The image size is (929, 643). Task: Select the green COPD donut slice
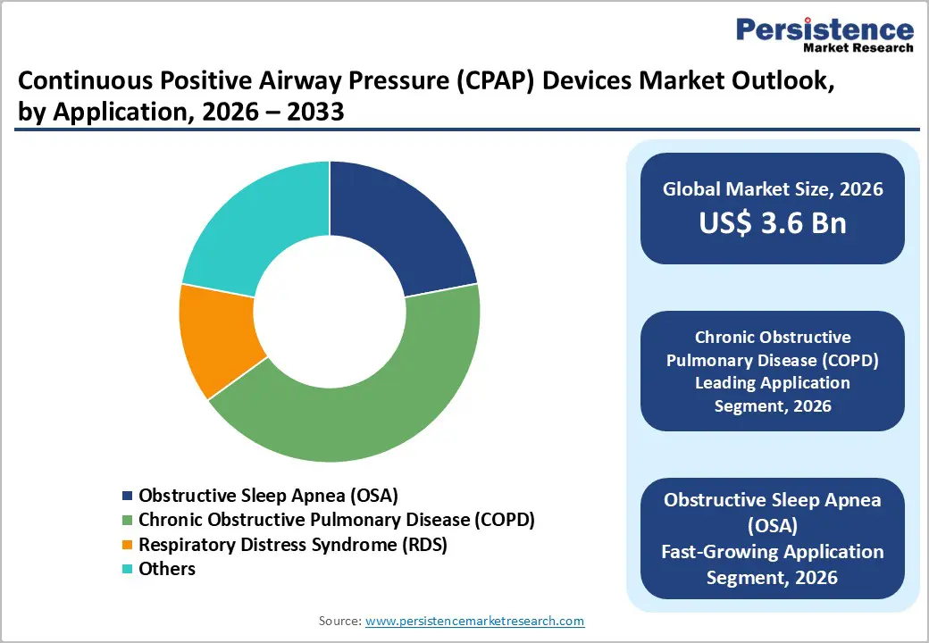pos(375,402)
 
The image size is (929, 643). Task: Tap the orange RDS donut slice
pos(214,339)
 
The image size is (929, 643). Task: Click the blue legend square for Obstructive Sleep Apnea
pos(128,496)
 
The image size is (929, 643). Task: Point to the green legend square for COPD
pos(128,520)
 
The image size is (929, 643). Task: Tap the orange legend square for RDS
pos(128,545)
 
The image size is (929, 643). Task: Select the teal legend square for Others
pos(128,569)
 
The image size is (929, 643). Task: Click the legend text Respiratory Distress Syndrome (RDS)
pos(292,544)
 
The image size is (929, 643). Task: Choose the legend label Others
pos(166,569)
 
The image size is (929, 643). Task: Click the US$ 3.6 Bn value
pos(772,222)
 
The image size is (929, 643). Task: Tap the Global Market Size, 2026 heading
pos(772,188)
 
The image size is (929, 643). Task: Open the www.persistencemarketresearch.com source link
pos(474,621)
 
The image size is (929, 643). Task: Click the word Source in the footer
pos(339,621)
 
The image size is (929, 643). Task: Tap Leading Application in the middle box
pos(772,382)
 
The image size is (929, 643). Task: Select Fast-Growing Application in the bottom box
pos(772,552)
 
